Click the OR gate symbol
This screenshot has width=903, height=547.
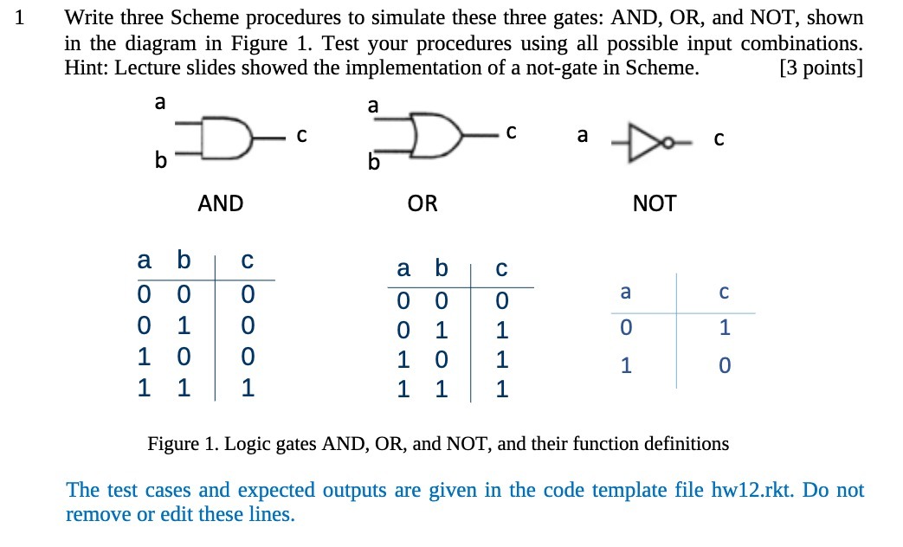tap(437, 136)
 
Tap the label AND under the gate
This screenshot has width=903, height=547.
tap(221, 204)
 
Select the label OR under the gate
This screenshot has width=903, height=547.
tap(422, 204)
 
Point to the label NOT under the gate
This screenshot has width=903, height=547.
tap(655, 204)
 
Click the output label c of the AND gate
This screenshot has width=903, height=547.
tap(300, 136)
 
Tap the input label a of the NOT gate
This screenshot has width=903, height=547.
tap(582, 136)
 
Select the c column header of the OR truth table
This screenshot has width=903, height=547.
tap(500, 270)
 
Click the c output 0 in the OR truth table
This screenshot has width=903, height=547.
tap(500, 302)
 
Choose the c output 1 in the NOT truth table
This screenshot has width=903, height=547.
tap(725, 328)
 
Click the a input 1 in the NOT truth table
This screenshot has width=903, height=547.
tap(625, 366)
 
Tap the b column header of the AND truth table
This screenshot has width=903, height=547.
tap(182, 260)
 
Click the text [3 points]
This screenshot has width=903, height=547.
tap(821, 68)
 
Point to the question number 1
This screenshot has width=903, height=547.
tap(21, 18)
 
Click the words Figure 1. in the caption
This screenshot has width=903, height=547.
tap(184, 445)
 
